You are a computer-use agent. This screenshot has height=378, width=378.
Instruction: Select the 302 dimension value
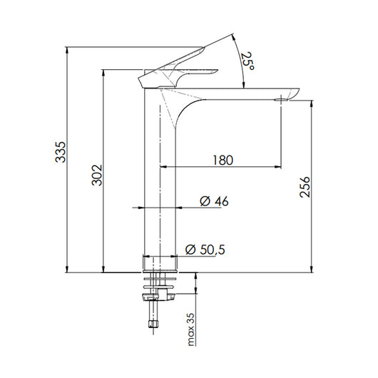[97, 175]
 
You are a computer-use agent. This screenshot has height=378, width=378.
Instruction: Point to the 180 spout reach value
[222, 160]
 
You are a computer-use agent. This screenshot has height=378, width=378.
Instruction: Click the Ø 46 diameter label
[214, 202]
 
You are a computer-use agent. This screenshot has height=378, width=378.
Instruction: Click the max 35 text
[191, 330]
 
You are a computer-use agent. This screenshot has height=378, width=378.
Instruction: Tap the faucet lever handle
[175, 68]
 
